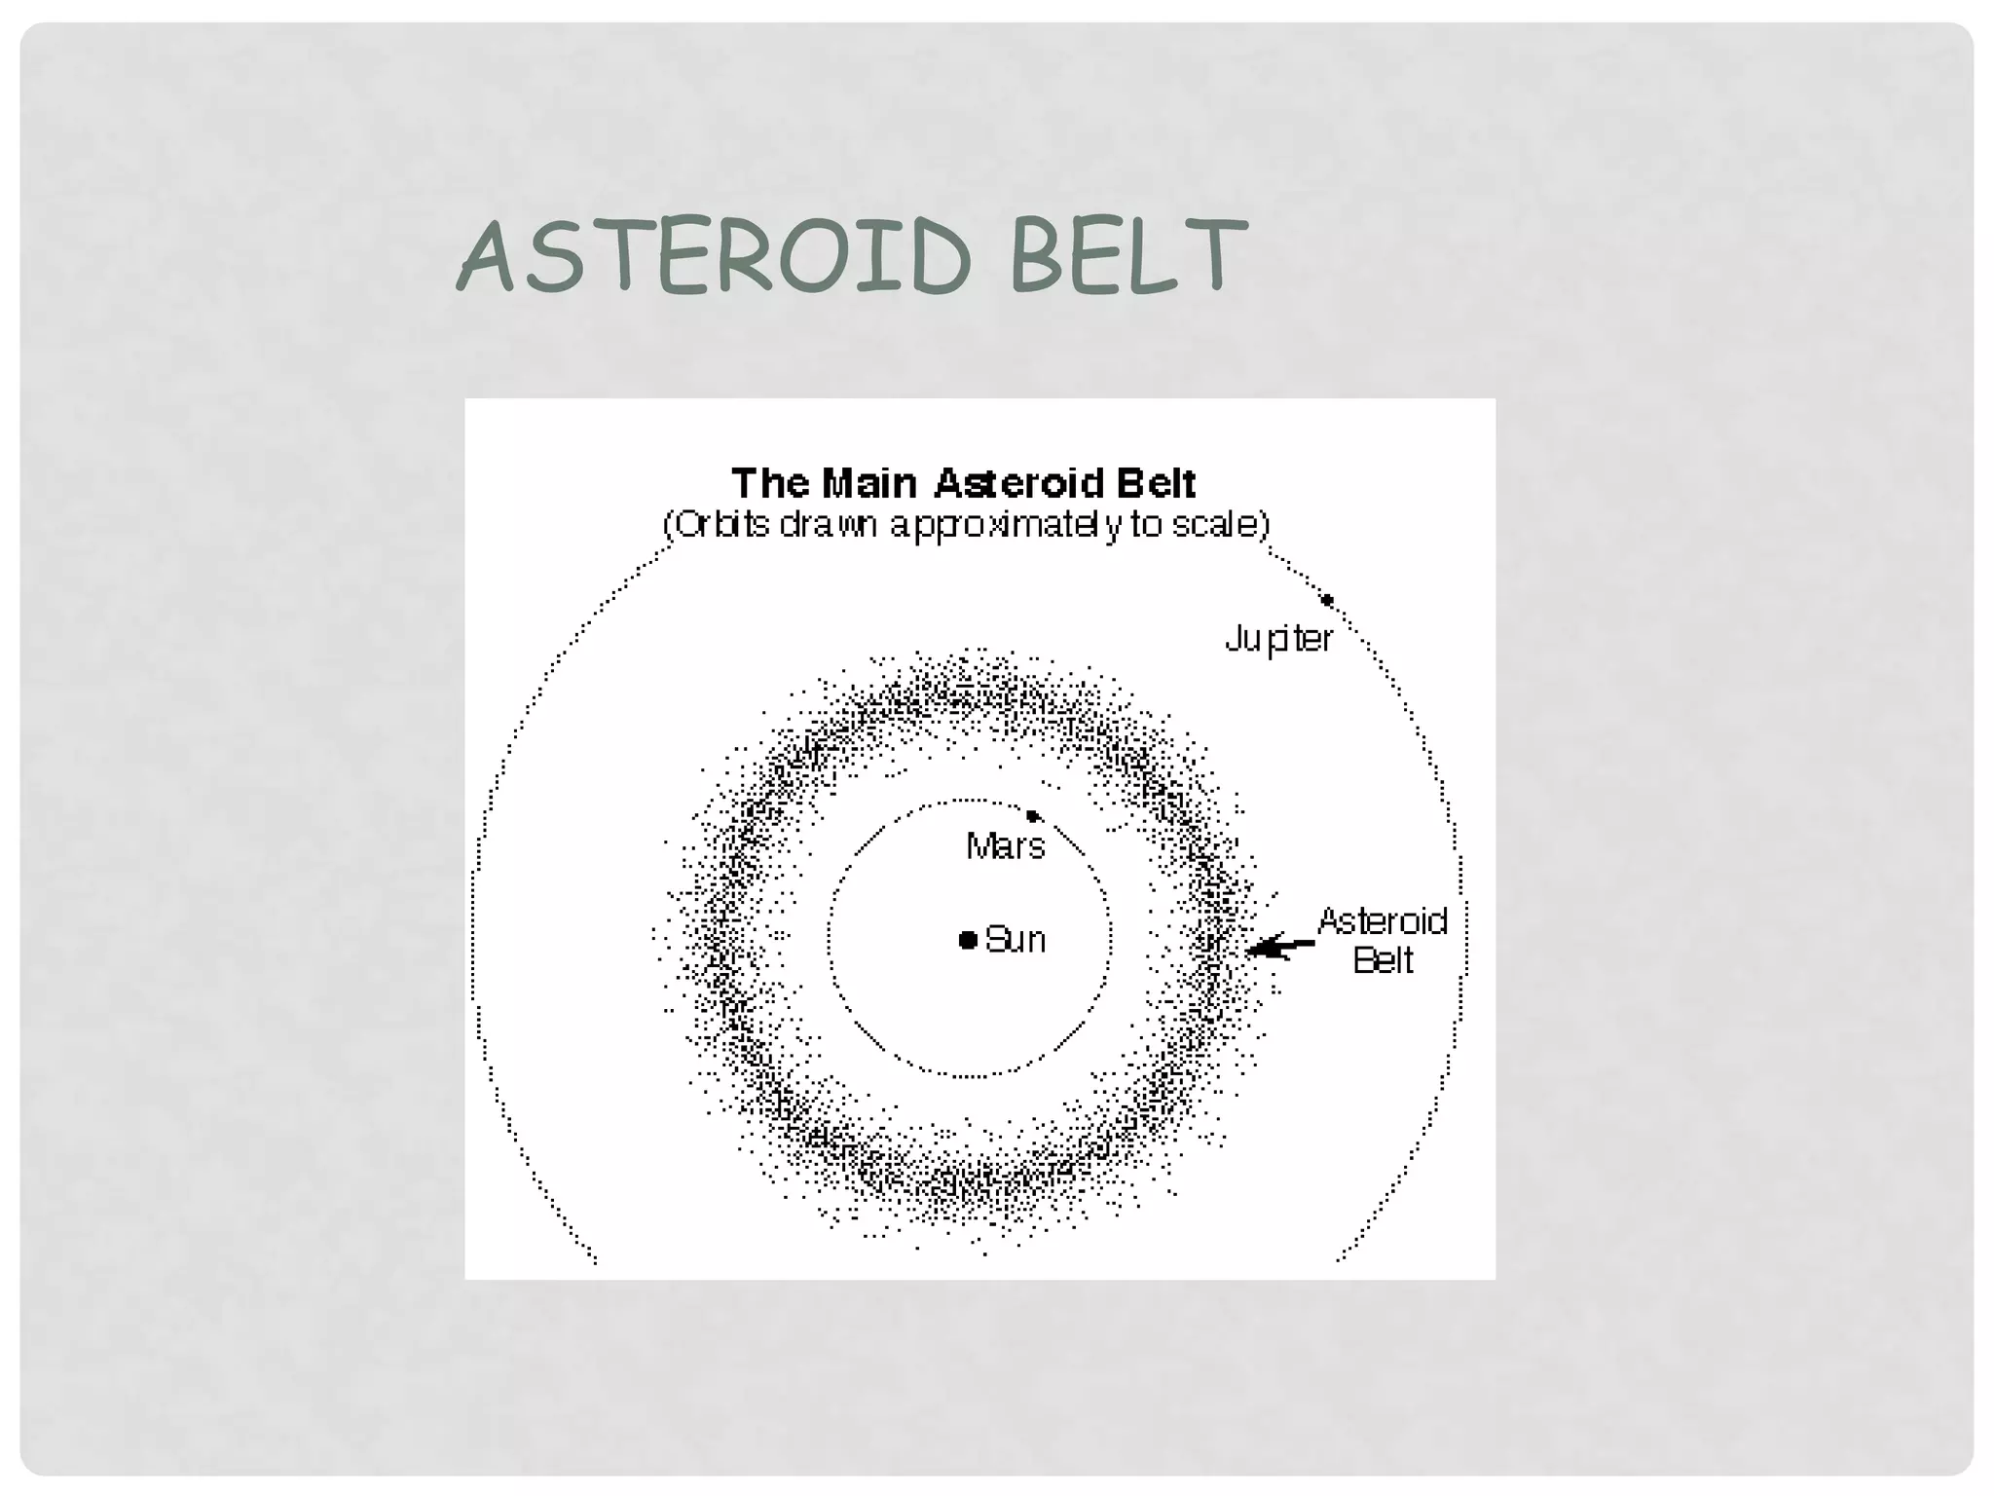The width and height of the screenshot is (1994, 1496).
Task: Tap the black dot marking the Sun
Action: [968, 940]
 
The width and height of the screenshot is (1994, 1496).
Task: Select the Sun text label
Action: [1015, 940]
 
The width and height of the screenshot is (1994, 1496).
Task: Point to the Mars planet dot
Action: [1033, 816]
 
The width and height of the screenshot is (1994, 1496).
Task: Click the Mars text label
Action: [1006, 845]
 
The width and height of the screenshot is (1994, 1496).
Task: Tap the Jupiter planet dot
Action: [1327, 600]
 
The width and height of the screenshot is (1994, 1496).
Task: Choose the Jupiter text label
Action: [1278, 639]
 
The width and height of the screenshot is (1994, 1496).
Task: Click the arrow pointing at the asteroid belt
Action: [1279, 946]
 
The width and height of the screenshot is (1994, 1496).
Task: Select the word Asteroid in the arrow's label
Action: [1383, 921]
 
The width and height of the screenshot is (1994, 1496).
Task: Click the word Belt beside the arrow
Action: [1383, 961]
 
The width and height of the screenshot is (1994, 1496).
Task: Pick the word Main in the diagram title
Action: [869, 483]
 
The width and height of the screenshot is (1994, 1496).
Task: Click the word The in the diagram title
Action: [770, 483]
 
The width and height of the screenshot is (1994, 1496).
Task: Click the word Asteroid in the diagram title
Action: [1018, 483]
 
